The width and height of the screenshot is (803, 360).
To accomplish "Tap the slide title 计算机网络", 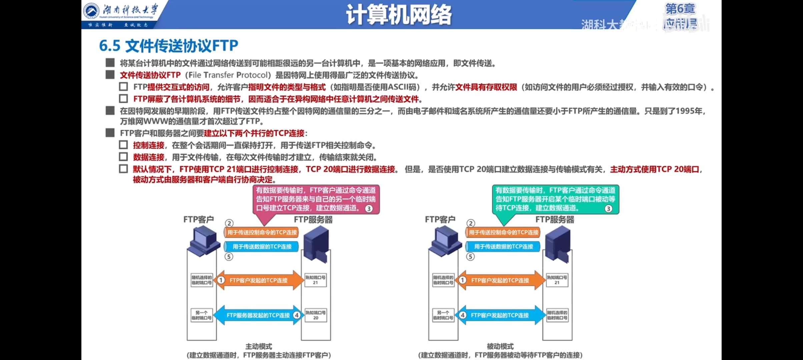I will tap(399, 15).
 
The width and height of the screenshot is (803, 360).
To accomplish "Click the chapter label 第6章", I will tap(680, 9).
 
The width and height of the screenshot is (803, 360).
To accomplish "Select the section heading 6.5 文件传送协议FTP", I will tap(169, 46).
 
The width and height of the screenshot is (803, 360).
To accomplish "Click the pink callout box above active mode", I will tap(316, 199).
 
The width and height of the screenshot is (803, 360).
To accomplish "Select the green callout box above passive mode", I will tap(555, 199).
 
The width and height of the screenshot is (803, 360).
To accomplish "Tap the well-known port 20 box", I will tap(315, 315).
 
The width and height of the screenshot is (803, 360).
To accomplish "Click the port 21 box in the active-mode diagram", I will tap(315, 280).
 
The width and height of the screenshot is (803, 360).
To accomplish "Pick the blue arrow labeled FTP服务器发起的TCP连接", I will tap(258, 315).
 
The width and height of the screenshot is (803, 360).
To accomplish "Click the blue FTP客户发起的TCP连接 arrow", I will tap(500, 315).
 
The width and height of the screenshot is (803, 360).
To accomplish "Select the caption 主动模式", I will tap(258, 346).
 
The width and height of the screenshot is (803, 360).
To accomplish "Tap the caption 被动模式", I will tap(500, 346).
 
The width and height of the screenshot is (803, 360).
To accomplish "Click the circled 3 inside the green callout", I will tap(608, 209).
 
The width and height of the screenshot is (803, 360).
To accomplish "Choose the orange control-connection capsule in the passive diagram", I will tap(503, 232).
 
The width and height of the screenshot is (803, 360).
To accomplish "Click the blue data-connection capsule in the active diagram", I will tap(261, 247).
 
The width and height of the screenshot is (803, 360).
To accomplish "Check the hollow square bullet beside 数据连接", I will tap(123, 157).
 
